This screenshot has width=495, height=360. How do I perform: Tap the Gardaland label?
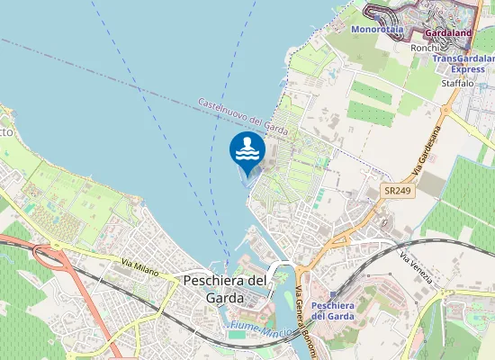point(447,34)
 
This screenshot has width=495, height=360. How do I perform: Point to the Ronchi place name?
point(424,48)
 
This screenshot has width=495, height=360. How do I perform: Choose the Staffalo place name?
point(457,83)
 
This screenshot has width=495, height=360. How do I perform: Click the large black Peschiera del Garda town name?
point(225,289)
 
